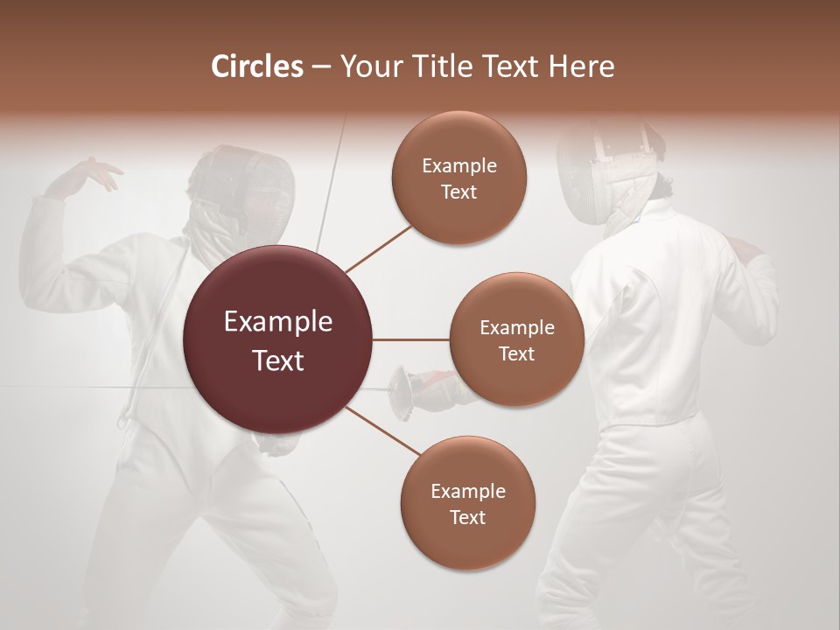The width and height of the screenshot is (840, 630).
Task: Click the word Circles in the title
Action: point(256,66)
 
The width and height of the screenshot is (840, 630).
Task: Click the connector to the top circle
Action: point(378,248)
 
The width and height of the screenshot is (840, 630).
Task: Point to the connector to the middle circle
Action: point(410,339)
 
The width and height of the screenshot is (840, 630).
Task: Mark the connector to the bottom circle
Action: point(381,430)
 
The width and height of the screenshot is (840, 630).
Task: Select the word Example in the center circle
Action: point(278,322)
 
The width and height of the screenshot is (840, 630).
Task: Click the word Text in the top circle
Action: point(458,192)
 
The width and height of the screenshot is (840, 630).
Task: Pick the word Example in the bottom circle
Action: point(467,491)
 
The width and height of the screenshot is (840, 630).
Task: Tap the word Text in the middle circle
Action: point(516,353)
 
